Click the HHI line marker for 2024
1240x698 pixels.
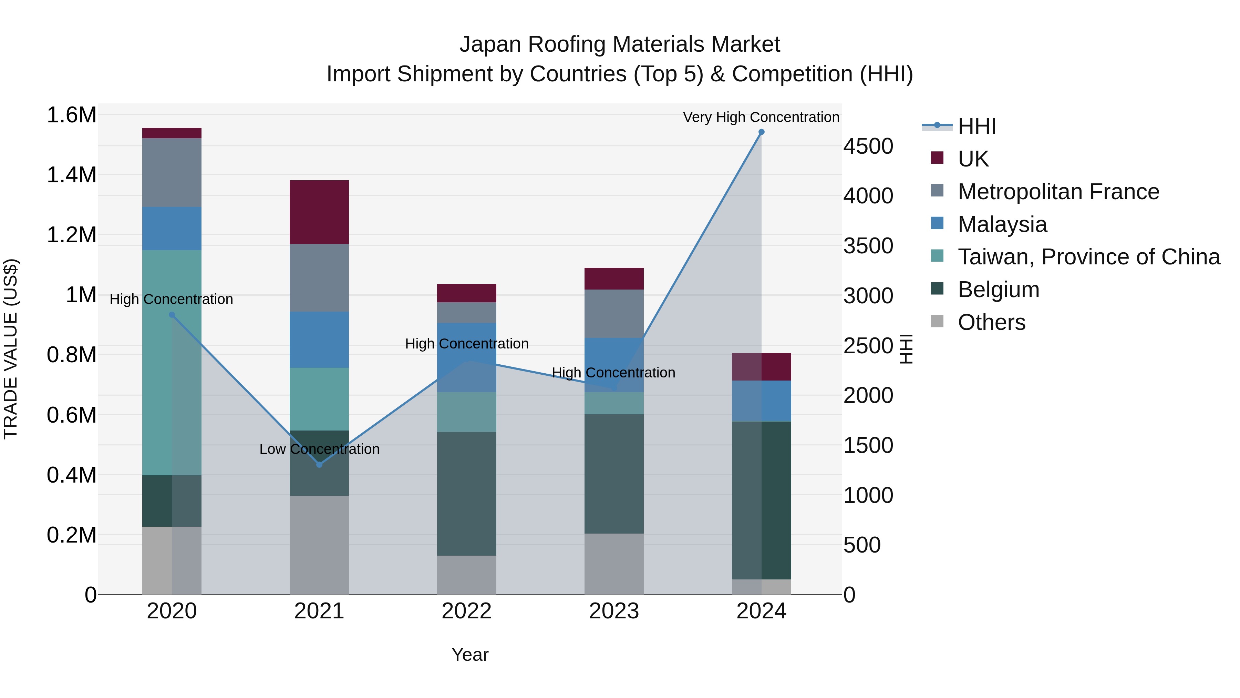pos(761,132)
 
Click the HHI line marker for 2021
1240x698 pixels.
pos(319,464)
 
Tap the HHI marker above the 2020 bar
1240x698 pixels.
pos(172,315)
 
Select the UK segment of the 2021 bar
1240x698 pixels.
pos(319,212)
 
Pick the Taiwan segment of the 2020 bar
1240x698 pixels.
pos(172,362)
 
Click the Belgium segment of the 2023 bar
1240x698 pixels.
pos(614,474)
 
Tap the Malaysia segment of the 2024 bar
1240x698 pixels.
pos(761,401)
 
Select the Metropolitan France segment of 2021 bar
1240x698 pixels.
pos(319,277)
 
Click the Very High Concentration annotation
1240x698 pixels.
pos(761,117)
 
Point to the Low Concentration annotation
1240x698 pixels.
pos(319,449)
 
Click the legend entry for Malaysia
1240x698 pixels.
pos(1002,224)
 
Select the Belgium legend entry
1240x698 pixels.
pos(998,290)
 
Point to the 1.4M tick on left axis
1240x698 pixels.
pos(71,175)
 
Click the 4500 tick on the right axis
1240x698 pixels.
pos(868,146)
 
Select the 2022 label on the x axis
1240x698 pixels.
pos(466,611)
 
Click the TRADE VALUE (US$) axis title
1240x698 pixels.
pos(11,349)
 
